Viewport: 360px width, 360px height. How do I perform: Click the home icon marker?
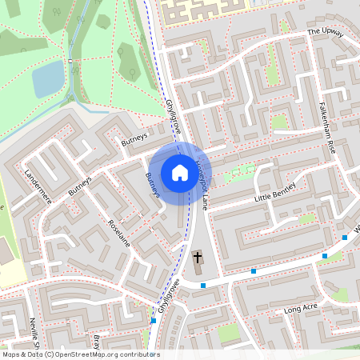point(180,172)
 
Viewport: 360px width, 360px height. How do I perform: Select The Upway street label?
point(324,33)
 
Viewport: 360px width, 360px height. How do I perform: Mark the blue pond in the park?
point(48,78)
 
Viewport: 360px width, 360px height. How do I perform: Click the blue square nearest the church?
point(204,285)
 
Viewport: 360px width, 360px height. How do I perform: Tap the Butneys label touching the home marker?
point(153,185)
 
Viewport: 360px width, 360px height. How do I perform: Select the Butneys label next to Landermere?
point(81,186)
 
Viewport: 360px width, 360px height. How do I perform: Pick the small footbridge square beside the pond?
point(71,61)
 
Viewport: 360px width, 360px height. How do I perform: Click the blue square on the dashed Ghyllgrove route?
point(154,321)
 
